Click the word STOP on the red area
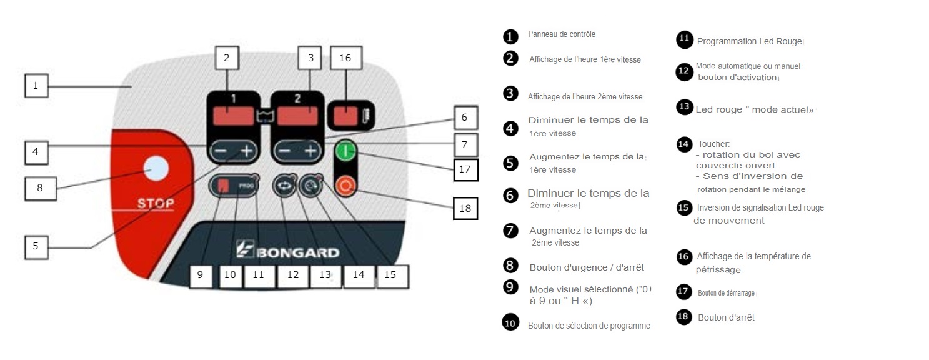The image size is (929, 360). click(156, 204)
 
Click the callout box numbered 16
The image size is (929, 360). click(345, 58)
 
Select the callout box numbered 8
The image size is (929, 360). click(40, 187)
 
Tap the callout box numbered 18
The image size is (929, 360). click(465, 209)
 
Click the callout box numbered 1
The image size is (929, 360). click(36, 86)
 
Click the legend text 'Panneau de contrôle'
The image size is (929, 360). click(566, 34)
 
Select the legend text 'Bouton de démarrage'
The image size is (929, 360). click(726, 292)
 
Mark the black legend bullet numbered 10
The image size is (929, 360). click(510, 323)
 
